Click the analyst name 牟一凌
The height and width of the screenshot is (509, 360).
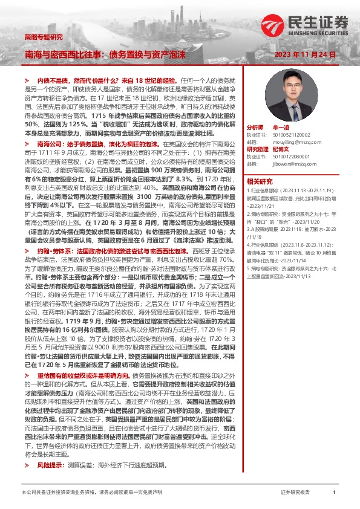pyautogui.click(x=281, y=128)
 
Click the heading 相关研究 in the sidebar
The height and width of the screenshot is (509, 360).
pyautogui.click(x=260, y=181)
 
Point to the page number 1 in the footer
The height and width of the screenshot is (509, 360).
pyautogui.click(x=335, y=493)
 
